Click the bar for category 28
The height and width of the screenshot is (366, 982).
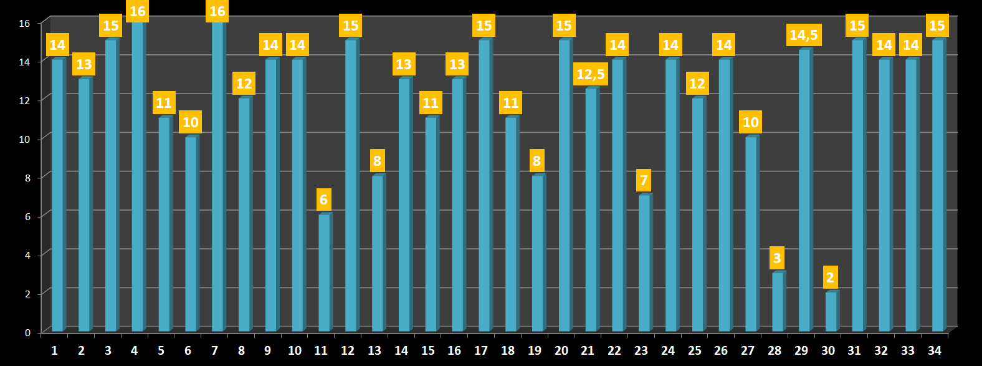(x=778, y=302)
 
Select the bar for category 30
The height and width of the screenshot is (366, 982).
(x=831, y=311)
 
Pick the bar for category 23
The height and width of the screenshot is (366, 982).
(x=644, y=262)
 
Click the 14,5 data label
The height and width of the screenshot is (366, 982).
(x=804, y=35)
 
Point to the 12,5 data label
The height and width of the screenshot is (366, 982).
(x=590, y=75)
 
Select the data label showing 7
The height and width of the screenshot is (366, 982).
(x=644, y=180)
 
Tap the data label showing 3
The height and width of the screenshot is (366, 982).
(x=776, y=258)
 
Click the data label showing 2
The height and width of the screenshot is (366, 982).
(x=829, y=277)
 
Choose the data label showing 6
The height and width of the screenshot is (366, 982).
(x=323, y=200)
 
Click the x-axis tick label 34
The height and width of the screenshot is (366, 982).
(x=935, y=350)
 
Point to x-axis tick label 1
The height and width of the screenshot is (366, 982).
(x=55, y=350)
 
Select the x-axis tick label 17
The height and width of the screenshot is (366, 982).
(x=481, y=350)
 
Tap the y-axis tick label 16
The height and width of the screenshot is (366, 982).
(x=24, y=24)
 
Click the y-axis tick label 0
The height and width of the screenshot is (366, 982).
(x=27, y=332)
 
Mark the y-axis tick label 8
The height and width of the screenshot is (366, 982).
(x=27, y=178)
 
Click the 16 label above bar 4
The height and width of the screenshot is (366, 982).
(x=137, y=11)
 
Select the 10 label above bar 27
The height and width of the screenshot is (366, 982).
(x=750, y=122)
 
